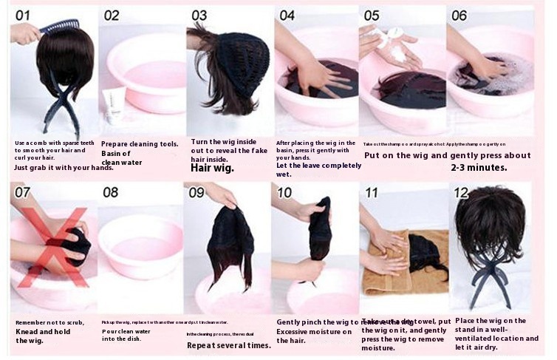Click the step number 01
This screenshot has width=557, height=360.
point(24,16)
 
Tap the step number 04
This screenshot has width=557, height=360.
point(287,16)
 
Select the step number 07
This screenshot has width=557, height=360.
point(24,193)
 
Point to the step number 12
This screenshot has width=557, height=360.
point(462,192)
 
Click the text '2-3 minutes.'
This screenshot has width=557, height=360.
point(479,168)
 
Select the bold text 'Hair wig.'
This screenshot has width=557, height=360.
point(212,168)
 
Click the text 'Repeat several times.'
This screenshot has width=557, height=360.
point(228,345)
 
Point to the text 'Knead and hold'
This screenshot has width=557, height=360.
point(42,331)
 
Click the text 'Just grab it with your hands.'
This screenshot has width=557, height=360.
point(64,168)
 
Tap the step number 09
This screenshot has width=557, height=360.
point(196,193)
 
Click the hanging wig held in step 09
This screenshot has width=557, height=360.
point(230,244)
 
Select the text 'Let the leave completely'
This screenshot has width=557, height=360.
point(319,165)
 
